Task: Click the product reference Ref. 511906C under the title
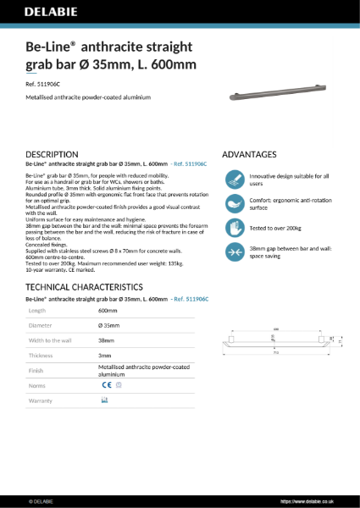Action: pyautogui.click(x=48, y=84)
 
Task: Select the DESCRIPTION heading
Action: pyautogui.click(x=53, y=154)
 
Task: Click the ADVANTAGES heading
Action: pyautogui.click(x=248, y=154)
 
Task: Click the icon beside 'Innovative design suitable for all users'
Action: pyautogui.click(x=235, y=179)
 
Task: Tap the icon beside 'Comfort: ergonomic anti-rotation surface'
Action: pyautogui.click(x=235, y=203)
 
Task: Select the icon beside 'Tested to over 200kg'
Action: pyautogui.click(x=235, y=227)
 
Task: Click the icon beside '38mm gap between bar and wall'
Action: pyautogui.click(x=235, y=251)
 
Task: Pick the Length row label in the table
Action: pyautogui.click(x=39, y=312)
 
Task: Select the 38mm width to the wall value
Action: pyautogui.click(x=106, y=341)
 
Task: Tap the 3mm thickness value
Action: pyautogui.click(x=105, y=356)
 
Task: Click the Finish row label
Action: pyautogui.click(x=38, y=370)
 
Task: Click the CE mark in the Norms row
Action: pyautogui.click(x=106, y=384)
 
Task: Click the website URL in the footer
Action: pyautogui.click(x=310, y=501)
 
